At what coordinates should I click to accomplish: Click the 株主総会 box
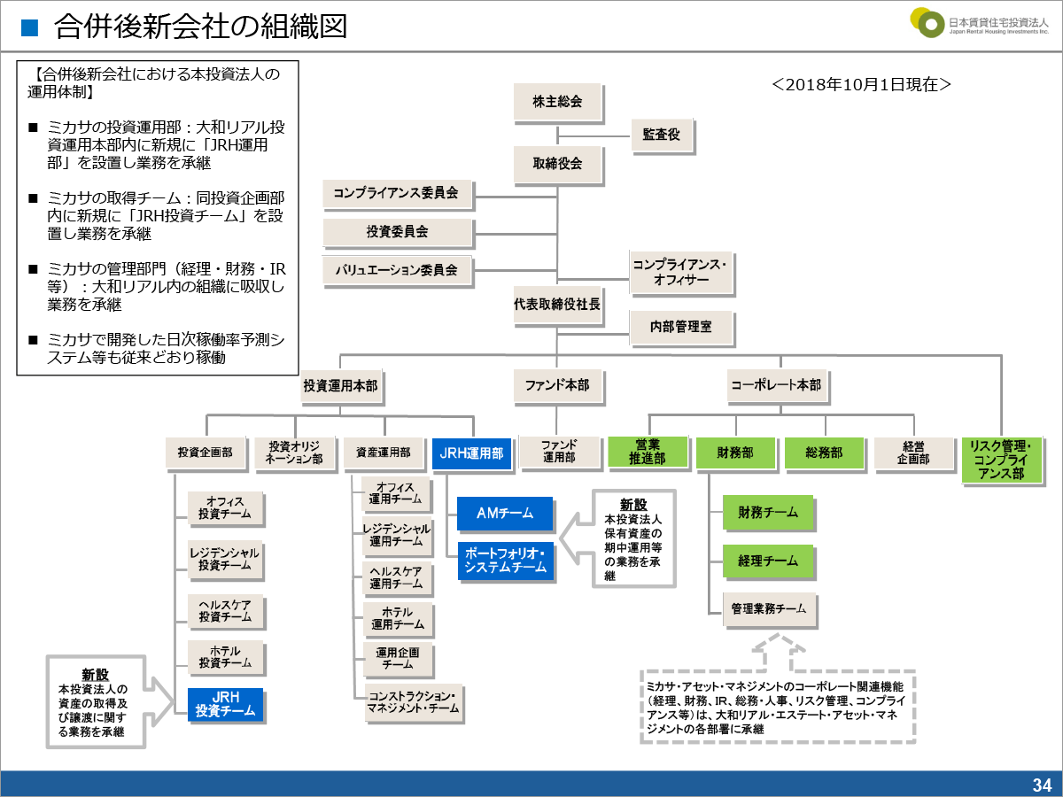557,102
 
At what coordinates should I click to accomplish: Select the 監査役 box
662,135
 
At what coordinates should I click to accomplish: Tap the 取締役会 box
557,163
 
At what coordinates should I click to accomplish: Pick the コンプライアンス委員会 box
397,193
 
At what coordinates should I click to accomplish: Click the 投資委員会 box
397,232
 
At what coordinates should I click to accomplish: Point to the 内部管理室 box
682,327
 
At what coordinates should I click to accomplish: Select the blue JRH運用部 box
472,453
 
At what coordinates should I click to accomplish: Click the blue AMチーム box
505,514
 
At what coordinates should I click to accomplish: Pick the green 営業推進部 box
648,453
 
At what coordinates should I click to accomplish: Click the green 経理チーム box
768,561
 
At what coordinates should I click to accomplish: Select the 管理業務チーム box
768,609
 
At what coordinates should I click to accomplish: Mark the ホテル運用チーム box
397,618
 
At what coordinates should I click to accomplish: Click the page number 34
1042,785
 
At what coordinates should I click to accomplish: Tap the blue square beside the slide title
30,27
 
